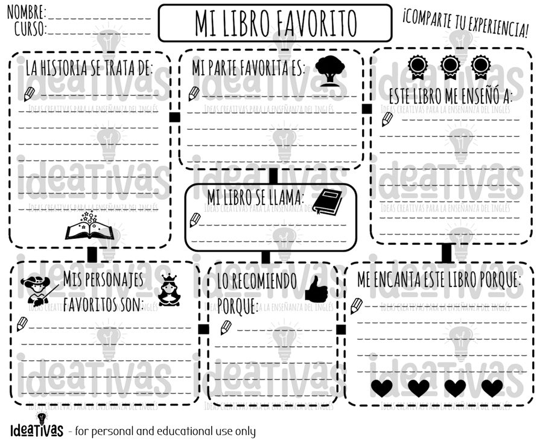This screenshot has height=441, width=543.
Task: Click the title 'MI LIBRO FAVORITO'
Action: click(x=275, y=23)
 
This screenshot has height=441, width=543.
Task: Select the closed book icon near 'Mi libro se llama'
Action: click(x=326, y=202)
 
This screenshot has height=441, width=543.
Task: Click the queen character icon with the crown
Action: click(x=169, y=290)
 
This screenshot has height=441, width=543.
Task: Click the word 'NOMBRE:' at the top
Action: click(x=27, y=11)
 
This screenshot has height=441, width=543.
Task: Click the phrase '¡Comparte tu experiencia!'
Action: click(x=465, y=22)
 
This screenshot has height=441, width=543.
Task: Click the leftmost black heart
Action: click(x=381, y=387)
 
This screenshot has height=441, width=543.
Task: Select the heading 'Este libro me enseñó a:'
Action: click(x=450, y=96)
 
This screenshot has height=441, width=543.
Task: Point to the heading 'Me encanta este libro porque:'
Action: click(x=439, y=280)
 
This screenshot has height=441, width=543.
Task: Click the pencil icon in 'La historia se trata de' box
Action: click(x=29, y=94)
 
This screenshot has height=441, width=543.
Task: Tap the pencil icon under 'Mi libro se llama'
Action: click(x=195, y=220)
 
